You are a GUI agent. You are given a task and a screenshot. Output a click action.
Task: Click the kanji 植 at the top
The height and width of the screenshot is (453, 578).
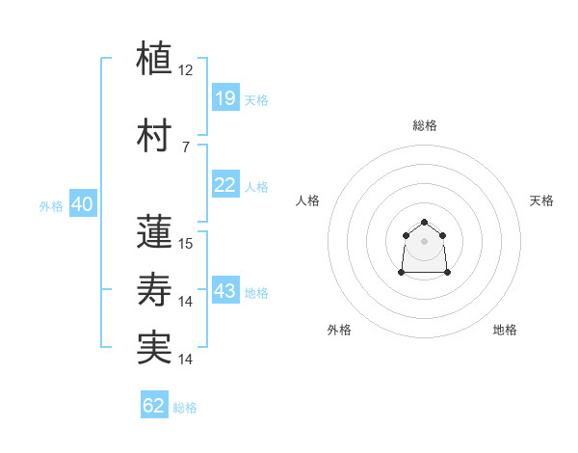pos(154,58)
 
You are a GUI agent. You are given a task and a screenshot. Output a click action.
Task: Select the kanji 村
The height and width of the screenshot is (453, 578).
pos(154,135)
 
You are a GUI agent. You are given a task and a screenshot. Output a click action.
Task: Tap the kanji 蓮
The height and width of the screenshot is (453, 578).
pos(154,231)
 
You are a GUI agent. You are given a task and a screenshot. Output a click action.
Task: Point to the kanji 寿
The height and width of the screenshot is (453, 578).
pos(154,289)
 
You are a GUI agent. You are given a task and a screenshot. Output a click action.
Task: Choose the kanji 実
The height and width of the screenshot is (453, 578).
pos(154,348)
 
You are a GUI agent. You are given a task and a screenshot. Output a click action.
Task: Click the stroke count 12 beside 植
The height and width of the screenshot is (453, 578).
pos(185,70)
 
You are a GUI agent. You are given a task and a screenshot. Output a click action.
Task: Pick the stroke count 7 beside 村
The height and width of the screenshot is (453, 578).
pos(186,147)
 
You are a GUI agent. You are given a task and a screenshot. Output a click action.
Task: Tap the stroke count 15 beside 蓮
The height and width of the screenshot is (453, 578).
pos(185,244)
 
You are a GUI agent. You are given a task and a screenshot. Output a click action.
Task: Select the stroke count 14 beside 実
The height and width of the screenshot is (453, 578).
pos(185,360)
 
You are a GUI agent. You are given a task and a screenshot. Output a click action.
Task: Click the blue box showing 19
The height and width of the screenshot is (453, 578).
pos(226,97)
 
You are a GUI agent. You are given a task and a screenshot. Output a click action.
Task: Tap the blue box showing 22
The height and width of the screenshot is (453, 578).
pos(226,184)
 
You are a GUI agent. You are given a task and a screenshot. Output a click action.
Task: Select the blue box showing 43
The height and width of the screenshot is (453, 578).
pos(226,289)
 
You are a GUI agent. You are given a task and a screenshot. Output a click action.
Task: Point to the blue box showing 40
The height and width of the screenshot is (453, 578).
pos(83,203)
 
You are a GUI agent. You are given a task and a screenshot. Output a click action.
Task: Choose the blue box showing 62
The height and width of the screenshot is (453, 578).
pos(154,404)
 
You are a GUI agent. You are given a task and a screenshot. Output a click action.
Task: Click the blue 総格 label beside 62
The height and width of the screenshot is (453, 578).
pos(185,408)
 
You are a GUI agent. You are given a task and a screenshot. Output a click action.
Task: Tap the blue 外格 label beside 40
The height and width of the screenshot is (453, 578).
pos(51,206)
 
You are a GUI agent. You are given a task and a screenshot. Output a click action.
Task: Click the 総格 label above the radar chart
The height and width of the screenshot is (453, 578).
pos(425,125)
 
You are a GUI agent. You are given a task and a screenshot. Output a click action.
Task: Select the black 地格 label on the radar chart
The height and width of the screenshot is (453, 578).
pos(505,330)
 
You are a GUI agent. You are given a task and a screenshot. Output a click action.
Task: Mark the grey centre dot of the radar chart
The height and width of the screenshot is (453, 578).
pos(424,241)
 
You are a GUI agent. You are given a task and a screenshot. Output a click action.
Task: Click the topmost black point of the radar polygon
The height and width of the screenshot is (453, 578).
pos(424,222)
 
